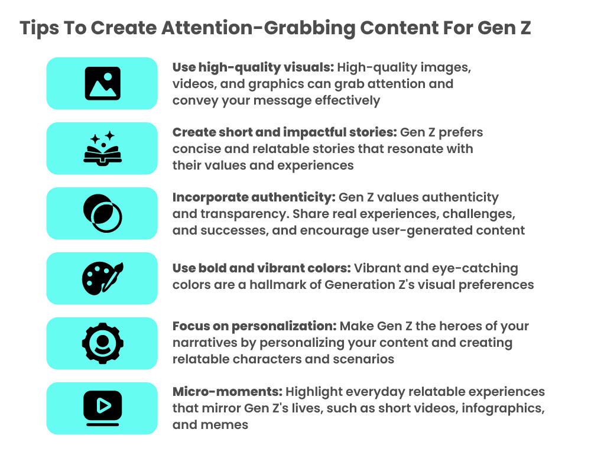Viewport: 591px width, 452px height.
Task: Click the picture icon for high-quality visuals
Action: (x=102, y=83)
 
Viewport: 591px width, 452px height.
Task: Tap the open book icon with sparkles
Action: (x=102, y=148)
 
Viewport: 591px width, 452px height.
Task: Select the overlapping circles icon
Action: (x=102, y=213)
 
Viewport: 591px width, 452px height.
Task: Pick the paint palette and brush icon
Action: (x=102, y=278)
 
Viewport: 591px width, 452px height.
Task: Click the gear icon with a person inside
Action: (x=102, y=343)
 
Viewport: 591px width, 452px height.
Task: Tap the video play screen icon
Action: (x=102, y=408)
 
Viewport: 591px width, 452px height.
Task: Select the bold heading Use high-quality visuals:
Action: (x=253, y=67)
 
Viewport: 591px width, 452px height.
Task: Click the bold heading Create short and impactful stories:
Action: (x=285, y=132)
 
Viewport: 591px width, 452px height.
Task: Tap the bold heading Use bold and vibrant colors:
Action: (x=261, y=268)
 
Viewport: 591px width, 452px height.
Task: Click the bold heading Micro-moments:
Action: (x=228, y=392)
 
